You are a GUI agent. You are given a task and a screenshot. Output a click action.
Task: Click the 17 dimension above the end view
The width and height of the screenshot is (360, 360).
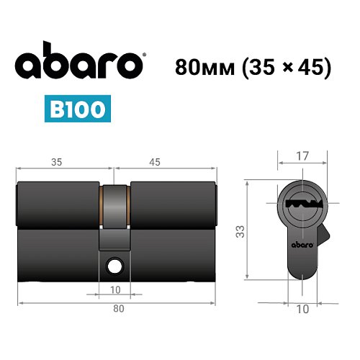coord(302,154)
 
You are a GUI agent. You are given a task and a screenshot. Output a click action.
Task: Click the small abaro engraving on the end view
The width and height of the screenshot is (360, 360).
coord(302,246)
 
